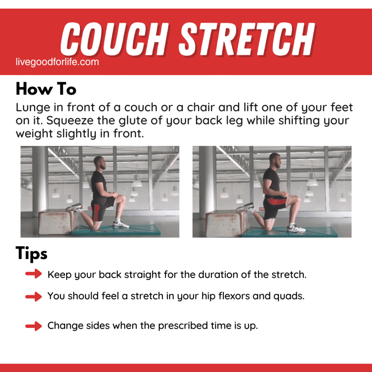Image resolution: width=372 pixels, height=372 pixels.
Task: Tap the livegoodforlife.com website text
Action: point(57,62)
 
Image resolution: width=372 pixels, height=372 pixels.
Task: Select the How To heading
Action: point(46,89)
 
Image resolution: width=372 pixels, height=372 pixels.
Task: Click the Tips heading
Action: point(32,253)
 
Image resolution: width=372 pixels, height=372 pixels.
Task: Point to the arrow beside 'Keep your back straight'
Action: point(34,275)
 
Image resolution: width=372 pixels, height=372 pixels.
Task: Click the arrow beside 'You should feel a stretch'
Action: point(34,296)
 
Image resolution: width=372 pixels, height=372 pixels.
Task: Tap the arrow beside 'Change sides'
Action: point(34,326)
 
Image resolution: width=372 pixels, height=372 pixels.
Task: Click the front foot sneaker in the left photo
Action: point(121,225)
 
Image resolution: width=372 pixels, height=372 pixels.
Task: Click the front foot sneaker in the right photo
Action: point(296,229)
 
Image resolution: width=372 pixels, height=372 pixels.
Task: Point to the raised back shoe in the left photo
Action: point(74,208)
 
